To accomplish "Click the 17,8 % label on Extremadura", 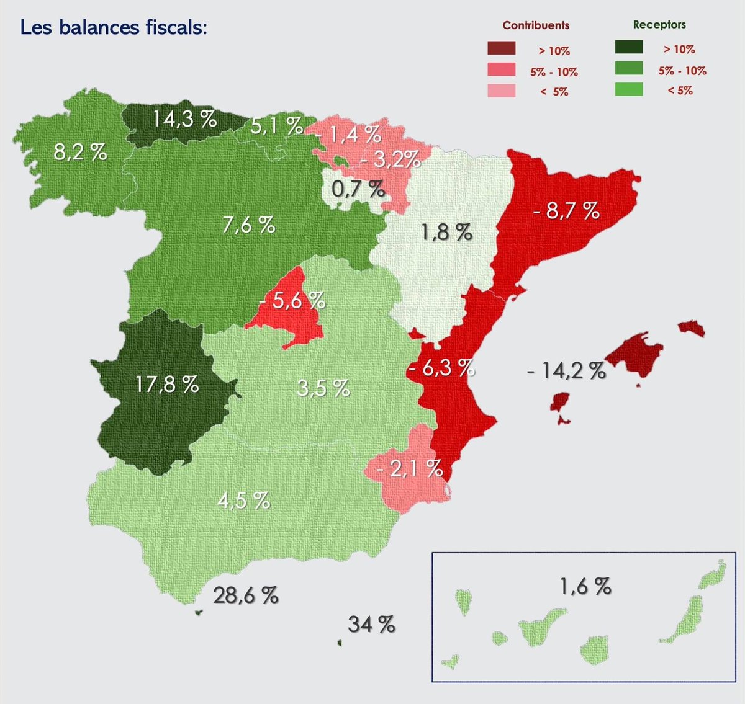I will coord(167,385).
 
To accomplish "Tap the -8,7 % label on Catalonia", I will coord(566,211).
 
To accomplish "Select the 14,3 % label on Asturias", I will coord(185,118).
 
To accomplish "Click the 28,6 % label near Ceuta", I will coord(246,595).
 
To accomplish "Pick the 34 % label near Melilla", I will coord(371,624).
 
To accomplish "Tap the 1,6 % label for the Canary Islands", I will coord(585,586).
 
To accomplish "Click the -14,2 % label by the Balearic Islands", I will coord(566,371).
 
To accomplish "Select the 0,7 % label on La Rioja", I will coord(358,189).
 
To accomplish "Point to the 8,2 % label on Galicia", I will coord(80,151).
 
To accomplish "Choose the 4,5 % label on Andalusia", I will coord(243,500).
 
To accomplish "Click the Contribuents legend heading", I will coord(536,25).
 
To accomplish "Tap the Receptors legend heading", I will coord(659,25).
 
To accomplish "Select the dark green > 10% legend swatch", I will coord(628,48).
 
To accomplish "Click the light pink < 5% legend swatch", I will coord(501,91).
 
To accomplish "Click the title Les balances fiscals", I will coord(113,27).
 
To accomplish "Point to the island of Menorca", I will coord(692,328).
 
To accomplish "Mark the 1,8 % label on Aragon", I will coord(446,233).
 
